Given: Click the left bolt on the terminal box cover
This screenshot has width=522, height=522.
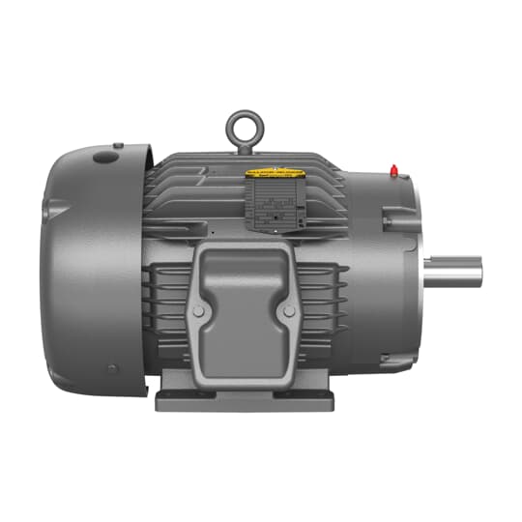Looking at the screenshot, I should pos(199,312).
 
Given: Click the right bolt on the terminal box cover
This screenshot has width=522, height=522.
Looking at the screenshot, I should pos(287,312).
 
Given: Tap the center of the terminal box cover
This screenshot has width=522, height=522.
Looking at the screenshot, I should pos(244,309).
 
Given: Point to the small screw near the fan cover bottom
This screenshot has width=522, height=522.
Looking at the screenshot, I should pos(113,368).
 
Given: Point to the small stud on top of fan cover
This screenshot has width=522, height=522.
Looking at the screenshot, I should pos(118,146).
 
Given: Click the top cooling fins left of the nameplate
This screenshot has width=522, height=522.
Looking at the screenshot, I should pos(203,179).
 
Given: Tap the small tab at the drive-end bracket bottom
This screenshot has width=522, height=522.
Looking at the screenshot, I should pos(398,362).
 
